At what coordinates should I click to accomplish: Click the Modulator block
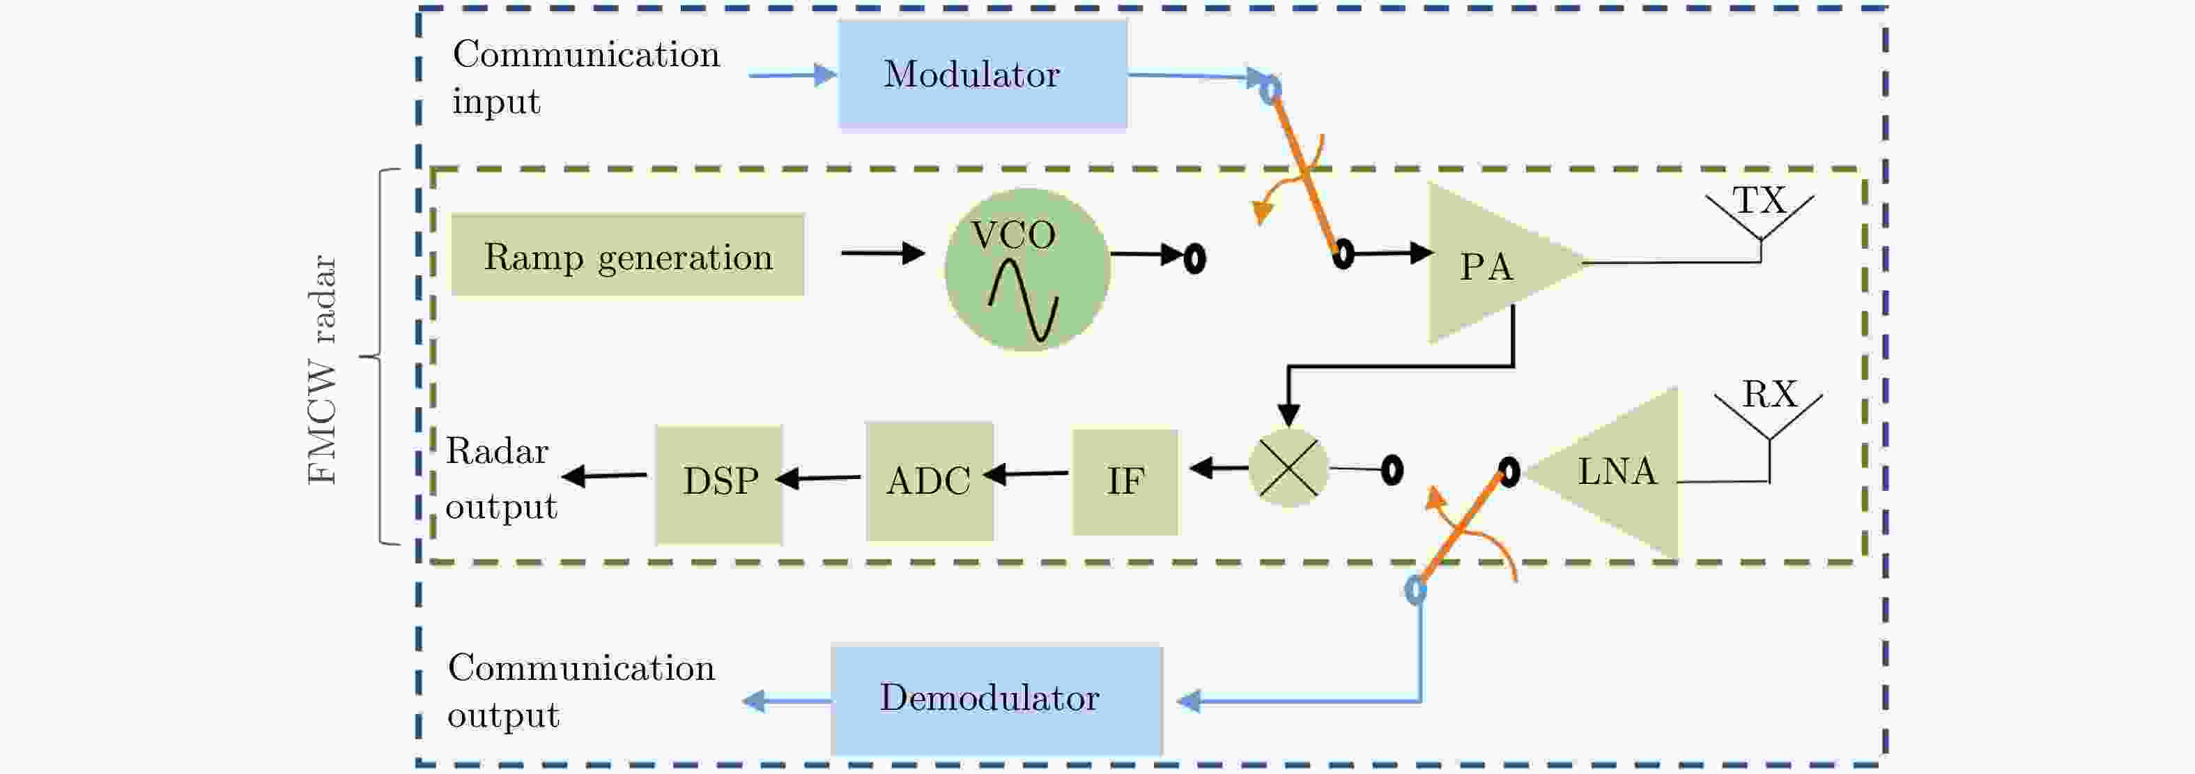point(983,75)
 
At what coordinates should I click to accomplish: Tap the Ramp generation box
point(627,255)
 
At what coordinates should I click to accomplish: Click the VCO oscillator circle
point(1027,269)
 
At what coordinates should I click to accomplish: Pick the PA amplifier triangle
point(1491,264)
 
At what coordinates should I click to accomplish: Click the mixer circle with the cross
point(1288,467)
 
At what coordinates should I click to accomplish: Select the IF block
point(1125,482)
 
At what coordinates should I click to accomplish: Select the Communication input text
point(585,77)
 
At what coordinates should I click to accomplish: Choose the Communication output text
point(580,690)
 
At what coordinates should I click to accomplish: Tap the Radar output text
point(500,478)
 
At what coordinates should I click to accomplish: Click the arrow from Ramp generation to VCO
point(882,253)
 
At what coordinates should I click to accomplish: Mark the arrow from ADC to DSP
point(818,478)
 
